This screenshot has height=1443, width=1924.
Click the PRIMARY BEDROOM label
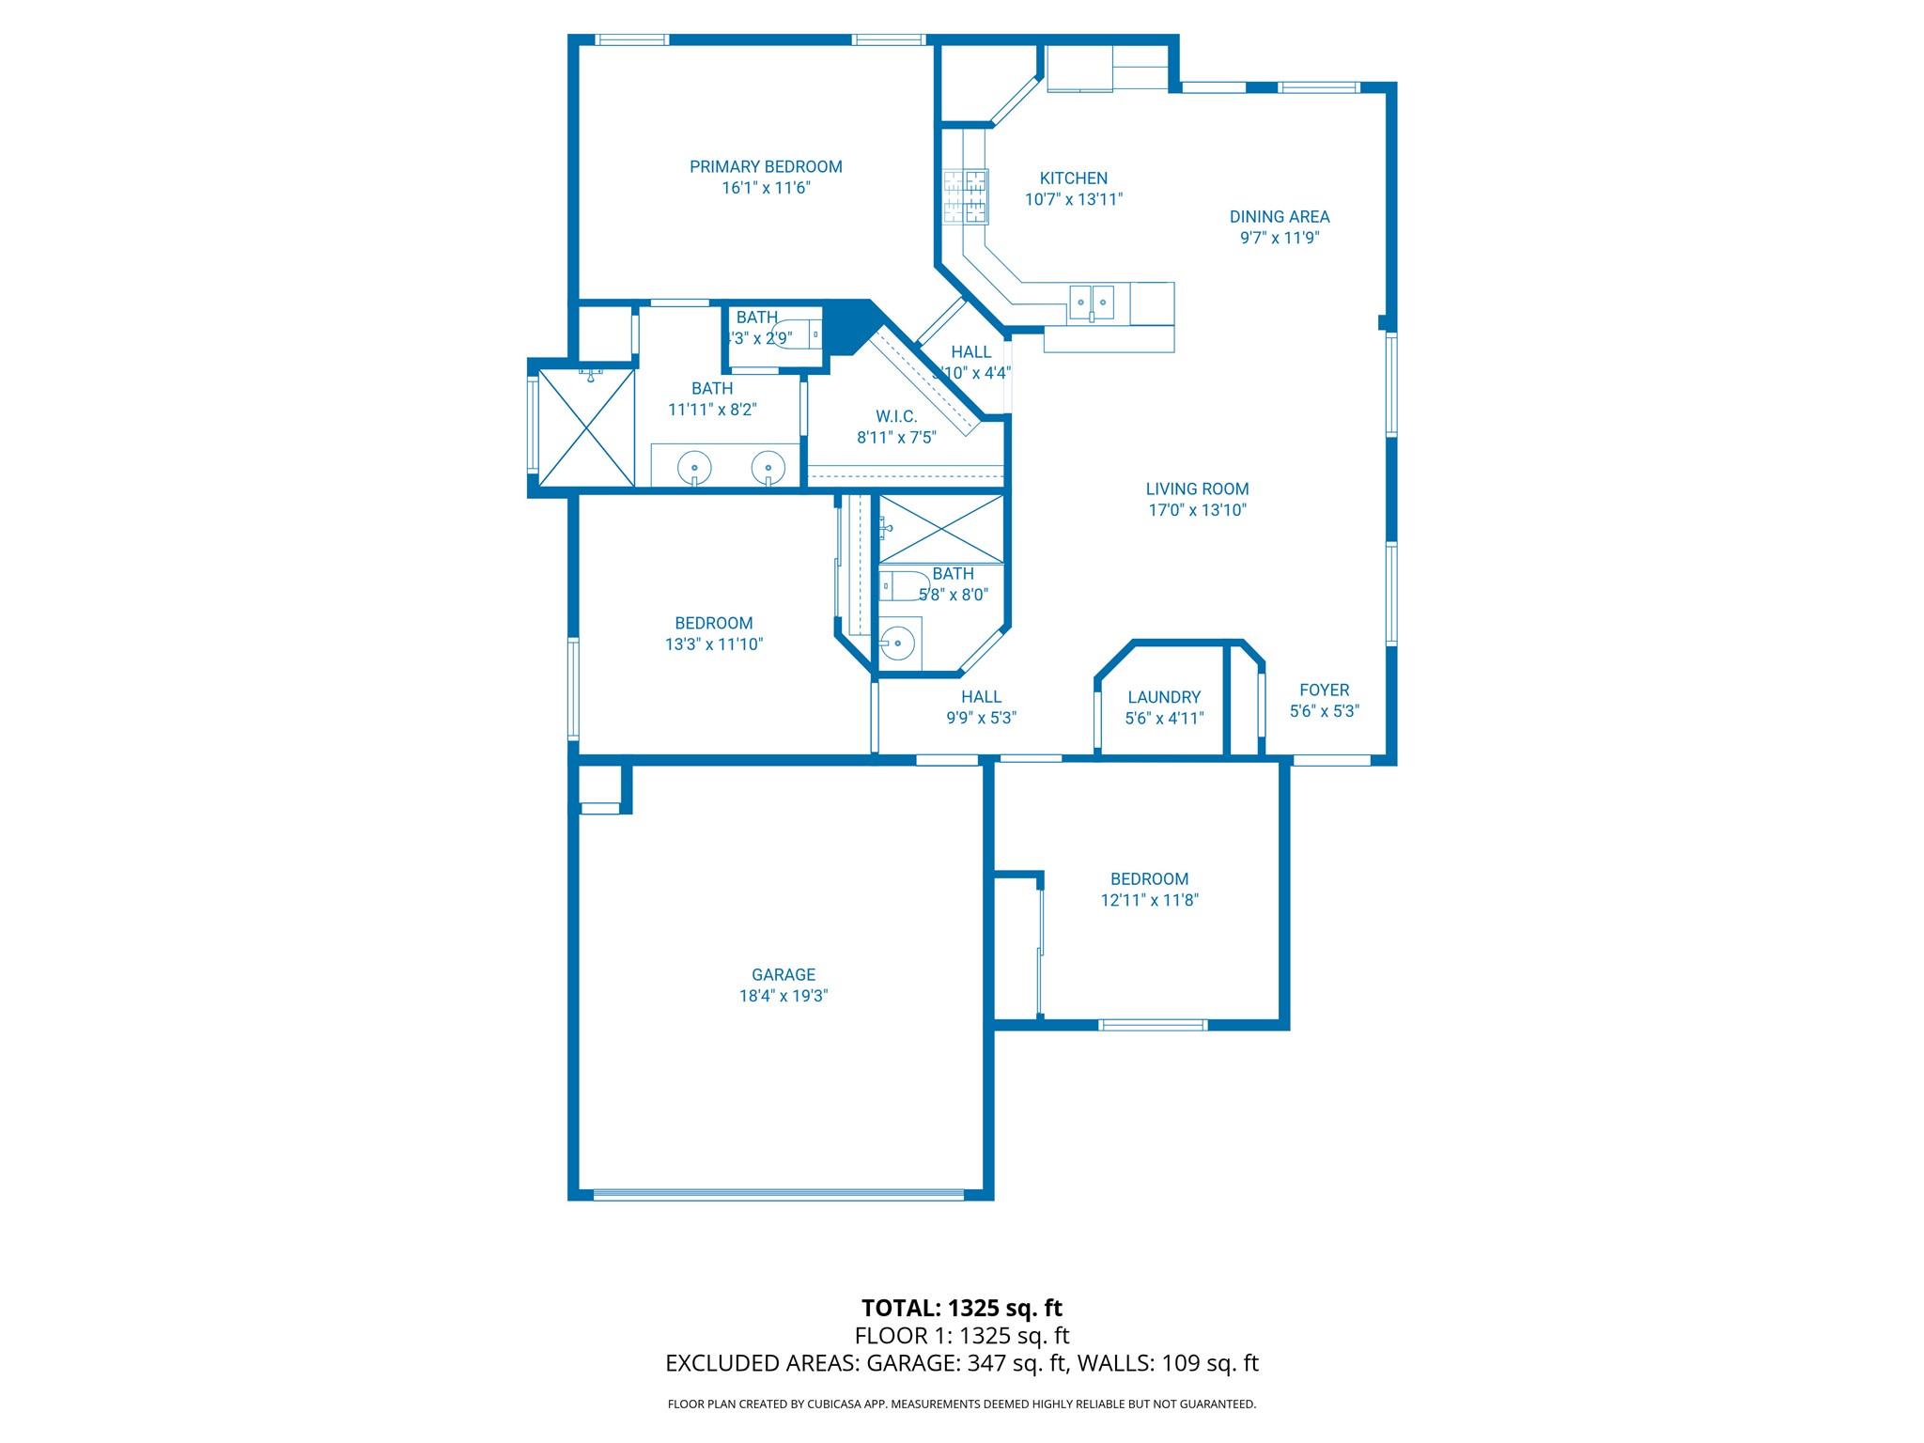[766, 167]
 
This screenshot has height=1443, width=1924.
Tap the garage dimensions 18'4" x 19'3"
[783, 996]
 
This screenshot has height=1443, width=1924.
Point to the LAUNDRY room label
[1164, 697]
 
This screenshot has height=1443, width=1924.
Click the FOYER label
[1324, 690]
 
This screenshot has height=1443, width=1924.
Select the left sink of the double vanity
[694, 465]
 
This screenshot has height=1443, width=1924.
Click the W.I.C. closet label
[895, 416]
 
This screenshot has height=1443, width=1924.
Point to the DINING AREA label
[1280, 217]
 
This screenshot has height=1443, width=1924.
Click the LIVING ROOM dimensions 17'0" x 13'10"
[1197, 510]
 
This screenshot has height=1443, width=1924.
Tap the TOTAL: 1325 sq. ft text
[961, 1308]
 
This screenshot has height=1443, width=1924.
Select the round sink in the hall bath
[898, 644]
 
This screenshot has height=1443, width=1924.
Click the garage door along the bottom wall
[778, 1194]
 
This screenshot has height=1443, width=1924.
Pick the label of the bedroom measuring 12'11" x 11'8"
[1149, 879]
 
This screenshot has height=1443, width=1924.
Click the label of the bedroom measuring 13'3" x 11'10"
[713, 624]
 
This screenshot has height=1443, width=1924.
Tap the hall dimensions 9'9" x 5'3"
[981, 718]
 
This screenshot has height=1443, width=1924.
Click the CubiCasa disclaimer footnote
[961, 1404]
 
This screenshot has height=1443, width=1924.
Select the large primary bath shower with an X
[585, 428]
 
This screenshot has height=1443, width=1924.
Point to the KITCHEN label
[1073, 178]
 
